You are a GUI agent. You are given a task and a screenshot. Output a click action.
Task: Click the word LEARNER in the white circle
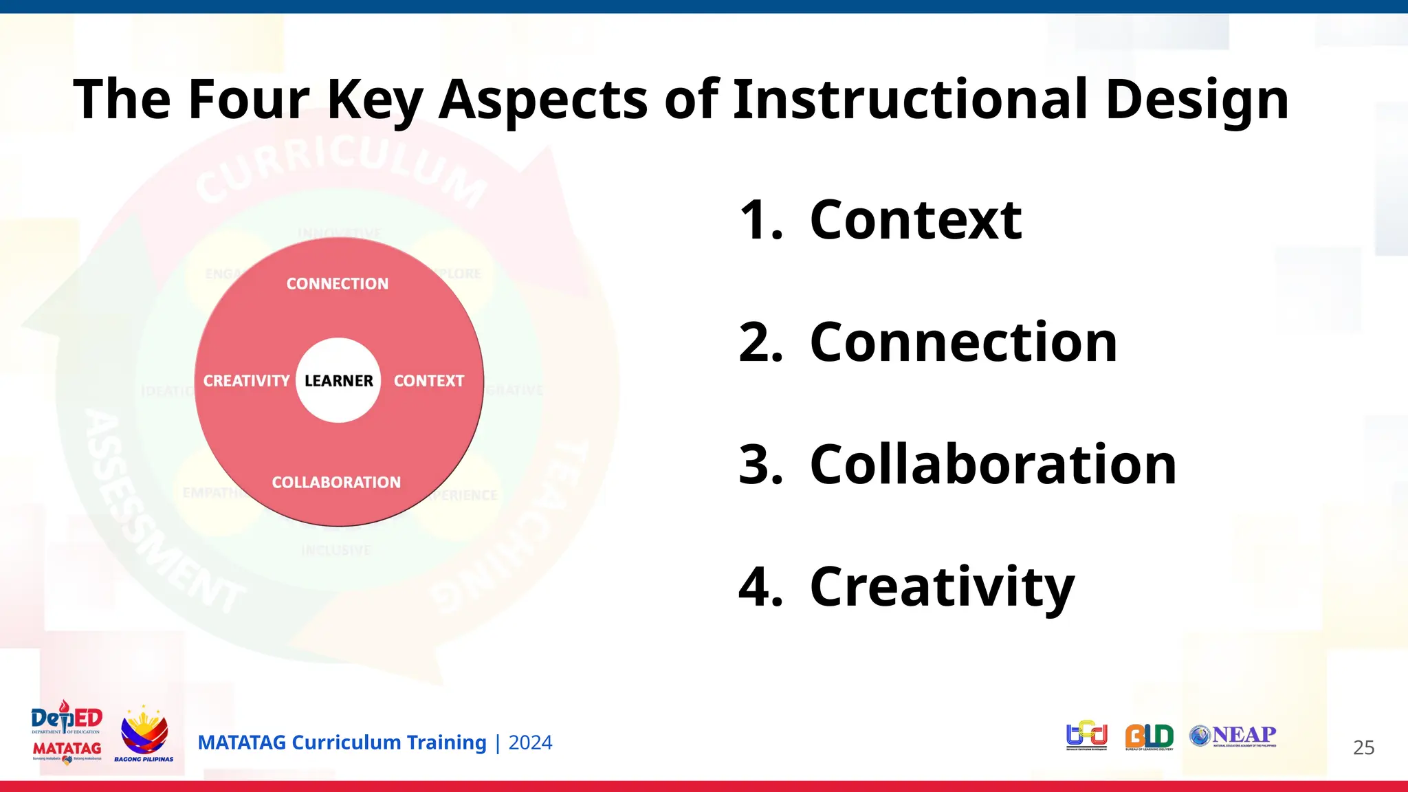click(x=338, y=381)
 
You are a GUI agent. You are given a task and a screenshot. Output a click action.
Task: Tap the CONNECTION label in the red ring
click(x=337, y=284)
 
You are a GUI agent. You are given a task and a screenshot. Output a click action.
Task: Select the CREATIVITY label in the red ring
click(x=246, y=381)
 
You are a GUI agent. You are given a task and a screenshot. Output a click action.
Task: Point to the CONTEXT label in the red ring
click(x=429, y=381)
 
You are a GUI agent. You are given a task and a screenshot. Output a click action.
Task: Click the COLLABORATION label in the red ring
click(x=336, y=483)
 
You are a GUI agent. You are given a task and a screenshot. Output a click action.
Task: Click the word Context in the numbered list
click(x=916, y=220)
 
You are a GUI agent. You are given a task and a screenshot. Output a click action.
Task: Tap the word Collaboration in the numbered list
click(x=993, y=465)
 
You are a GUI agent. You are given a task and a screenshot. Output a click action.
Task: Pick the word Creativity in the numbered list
click(x=942, y=588)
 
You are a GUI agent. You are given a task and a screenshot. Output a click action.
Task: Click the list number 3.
click(x=759, y=465)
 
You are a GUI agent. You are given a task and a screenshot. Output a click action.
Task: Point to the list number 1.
click(x=760, y=220)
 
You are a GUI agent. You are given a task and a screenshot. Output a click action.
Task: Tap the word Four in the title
click(x=249, y=99)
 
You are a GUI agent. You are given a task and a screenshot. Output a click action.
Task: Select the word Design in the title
click(x=1196, y=100)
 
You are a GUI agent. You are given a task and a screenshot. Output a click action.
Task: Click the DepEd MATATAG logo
click(x=67, y=733)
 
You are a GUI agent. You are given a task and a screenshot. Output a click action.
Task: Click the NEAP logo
click(x=1233, y=736)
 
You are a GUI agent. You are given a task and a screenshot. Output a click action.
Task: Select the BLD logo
click(x=1149, y=737)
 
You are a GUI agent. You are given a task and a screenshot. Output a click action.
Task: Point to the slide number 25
click(x=1363, y=748)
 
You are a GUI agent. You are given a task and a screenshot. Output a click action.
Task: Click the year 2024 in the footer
click(x=530, y=743)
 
